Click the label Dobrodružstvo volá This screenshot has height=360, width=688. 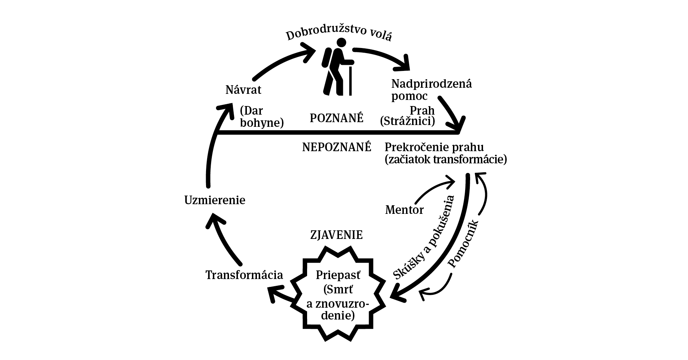338,35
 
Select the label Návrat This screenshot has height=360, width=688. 243,90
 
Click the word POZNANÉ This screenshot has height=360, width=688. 336,118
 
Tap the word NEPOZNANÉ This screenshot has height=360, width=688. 336,147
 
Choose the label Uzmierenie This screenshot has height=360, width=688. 215,200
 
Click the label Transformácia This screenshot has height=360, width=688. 244,275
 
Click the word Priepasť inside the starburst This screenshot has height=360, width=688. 338,275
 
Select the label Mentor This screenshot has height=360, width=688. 404,210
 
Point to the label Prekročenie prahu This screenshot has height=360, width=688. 434,147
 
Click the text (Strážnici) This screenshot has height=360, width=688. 407,121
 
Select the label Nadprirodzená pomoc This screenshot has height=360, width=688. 431,90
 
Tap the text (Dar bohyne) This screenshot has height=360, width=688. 262,117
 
